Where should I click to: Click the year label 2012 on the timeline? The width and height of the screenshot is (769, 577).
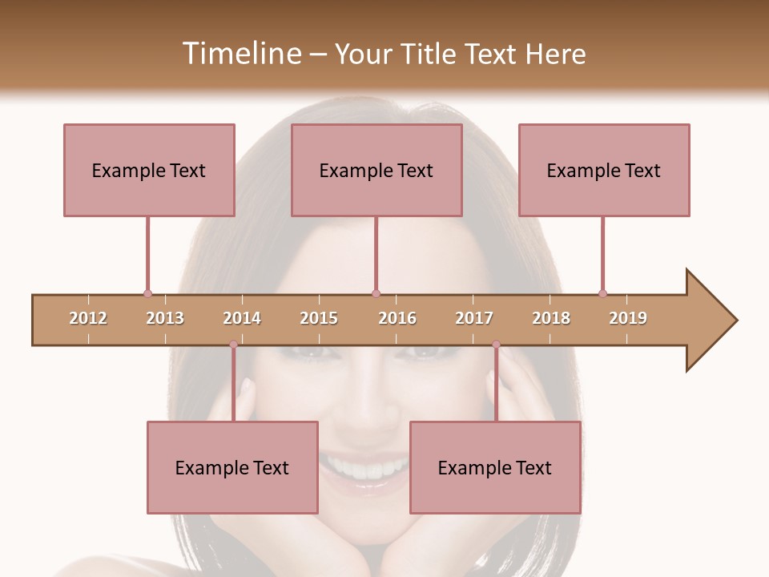[x=88, y=318]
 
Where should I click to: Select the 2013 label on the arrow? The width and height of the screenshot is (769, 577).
[x=165, y=318]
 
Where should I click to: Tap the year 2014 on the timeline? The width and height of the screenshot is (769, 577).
[x=242, y=318]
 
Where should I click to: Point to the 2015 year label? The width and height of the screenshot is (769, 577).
[x=319, y=318]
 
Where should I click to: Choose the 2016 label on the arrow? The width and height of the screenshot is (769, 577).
[x=397, y=318]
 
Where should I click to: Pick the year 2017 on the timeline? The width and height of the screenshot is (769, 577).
[x=474, y=318]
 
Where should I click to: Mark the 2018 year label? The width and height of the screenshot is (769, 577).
[x=551, y=318]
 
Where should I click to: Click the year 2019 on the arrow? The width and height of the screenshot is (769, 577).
[x=628, y=318]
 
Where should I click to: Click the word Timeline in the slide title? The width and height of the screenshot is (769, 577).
[x=240, y=54]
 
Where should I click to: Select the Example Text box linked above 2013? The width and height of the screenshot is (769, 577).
[x=149, y=170]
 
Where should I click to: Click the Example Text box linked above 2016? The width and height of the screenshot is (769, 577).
[x=376, y=170]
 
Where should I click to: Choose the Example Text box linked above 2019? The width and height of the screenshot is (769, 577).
[x=604, y=170]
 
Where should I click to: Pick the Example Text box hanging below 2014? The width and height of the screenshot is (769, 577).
[x=232, y=467]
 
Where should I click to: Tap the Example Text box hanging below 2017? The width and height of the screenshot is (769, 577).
[x=495, y=467]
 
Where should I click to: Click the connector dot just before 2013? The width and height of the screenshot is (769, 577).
[x=147, y=293]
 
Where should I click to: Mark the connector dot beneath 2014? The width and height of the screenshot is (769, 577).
[x=233, y=345]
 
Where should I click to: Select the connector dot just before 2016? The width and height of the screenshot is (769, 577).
[x=376, y=293]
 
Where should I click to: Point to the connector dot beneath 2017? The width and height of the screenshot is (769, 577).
[x=496, y=345]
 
